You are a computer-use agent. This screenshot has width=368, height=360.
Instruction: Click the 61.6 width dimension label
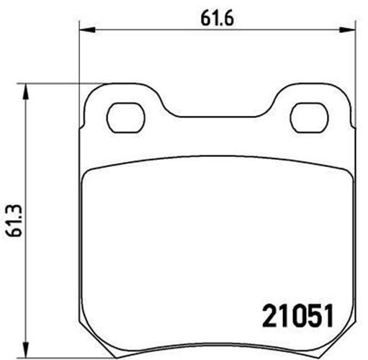[217, 19]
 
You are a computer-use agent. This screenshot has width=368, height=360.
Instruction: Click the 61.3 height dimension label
[14, 220]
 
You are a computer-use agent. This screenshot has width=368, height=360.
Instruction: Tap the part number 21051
[298, 316]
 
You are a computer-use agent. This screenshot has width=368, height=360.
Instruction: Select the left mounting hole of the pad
[125, 117]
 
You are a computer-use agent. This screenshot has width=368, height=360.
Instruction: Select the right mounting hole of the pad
[309, 117]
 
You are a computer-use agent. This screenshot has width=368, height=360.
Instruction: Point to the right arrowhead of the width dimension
[346, 30]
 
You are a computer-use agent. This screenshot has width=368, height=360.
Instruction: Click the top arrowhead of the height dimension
[25, 91]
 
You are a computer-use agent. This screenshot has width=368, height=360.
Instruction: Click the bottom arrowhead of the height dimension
[25, 351]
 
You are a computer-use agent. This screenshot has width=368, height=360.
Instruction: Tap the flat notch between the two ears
[217, 117]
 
